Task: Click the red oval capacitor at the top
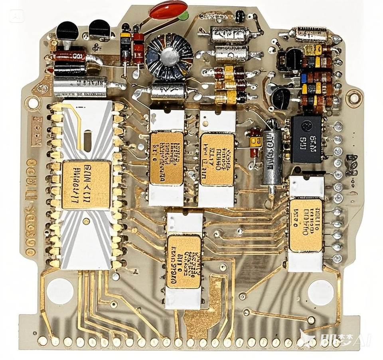click(x=168, y=10)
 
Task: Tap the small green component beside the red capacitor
click(x=184, y=16)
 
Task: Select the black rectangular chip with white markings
click(x=306, y=139)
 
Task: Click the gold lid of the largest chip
click(x=86, y=184)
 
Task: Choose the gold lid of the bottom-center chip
click(x=184, y=261)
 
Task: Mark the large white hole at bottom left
click(x=60, y=290)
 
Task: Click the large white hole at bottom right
click(x=320, y=292)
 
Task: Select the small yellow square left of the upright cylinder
click(x=255, y=141)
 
